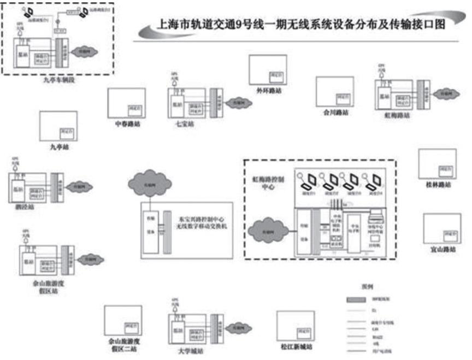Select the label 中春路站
click(127, 124)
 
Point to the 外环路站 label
click(267, 91)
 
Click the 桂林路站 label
click(438, 185)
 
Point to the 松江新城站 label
click(297, 346)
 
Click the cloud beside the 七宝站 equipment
click(238, 102)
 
